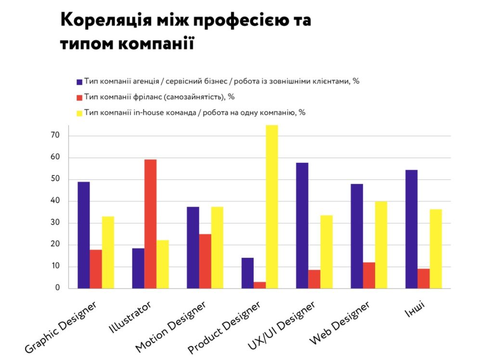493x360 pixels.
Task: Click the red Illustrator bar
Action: pyautogui.click(x=150, y=224)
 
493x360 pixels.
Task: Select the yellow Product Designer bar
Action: pyautogui.click(x=272, y=207)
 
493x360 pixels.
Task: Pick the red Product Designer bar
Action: pyautogui.click(x=260, y=285)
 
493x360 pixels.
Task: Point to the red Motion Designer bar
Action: pyautogui.click(x=205, y=261)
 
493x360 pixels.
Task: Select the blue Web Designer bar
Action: pyautogui.click(x=357, y=236)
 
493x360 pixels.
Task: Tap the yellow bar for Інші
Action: pyautogui.click(x=436, y=249)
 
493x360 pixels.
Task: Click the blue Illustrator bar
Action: pyautogui.click(x=138, y=268)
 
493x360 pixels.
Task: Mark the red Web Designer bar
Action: pyautogui.click(x=369, y=275)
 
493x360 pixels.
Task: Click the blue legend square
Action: pyautogui.click(x=79, y=81)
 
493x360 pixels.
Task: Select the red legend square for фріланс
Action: pyautogui.click(x=79, y=96)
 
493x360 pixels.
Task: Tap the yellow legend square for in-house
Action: pyautogui.click(x=79, y=112)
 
